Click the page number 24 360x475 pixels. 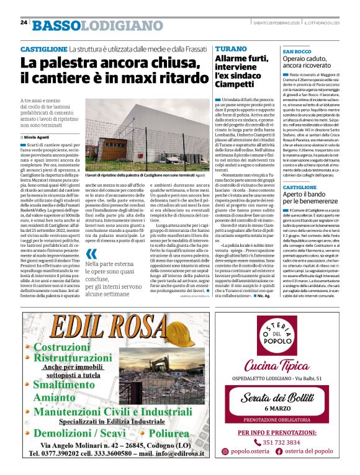coord(24,22)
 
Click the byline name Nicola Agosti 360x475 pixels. coord(38,136)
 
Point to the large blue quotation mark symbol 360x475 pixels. coord(91,254)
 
